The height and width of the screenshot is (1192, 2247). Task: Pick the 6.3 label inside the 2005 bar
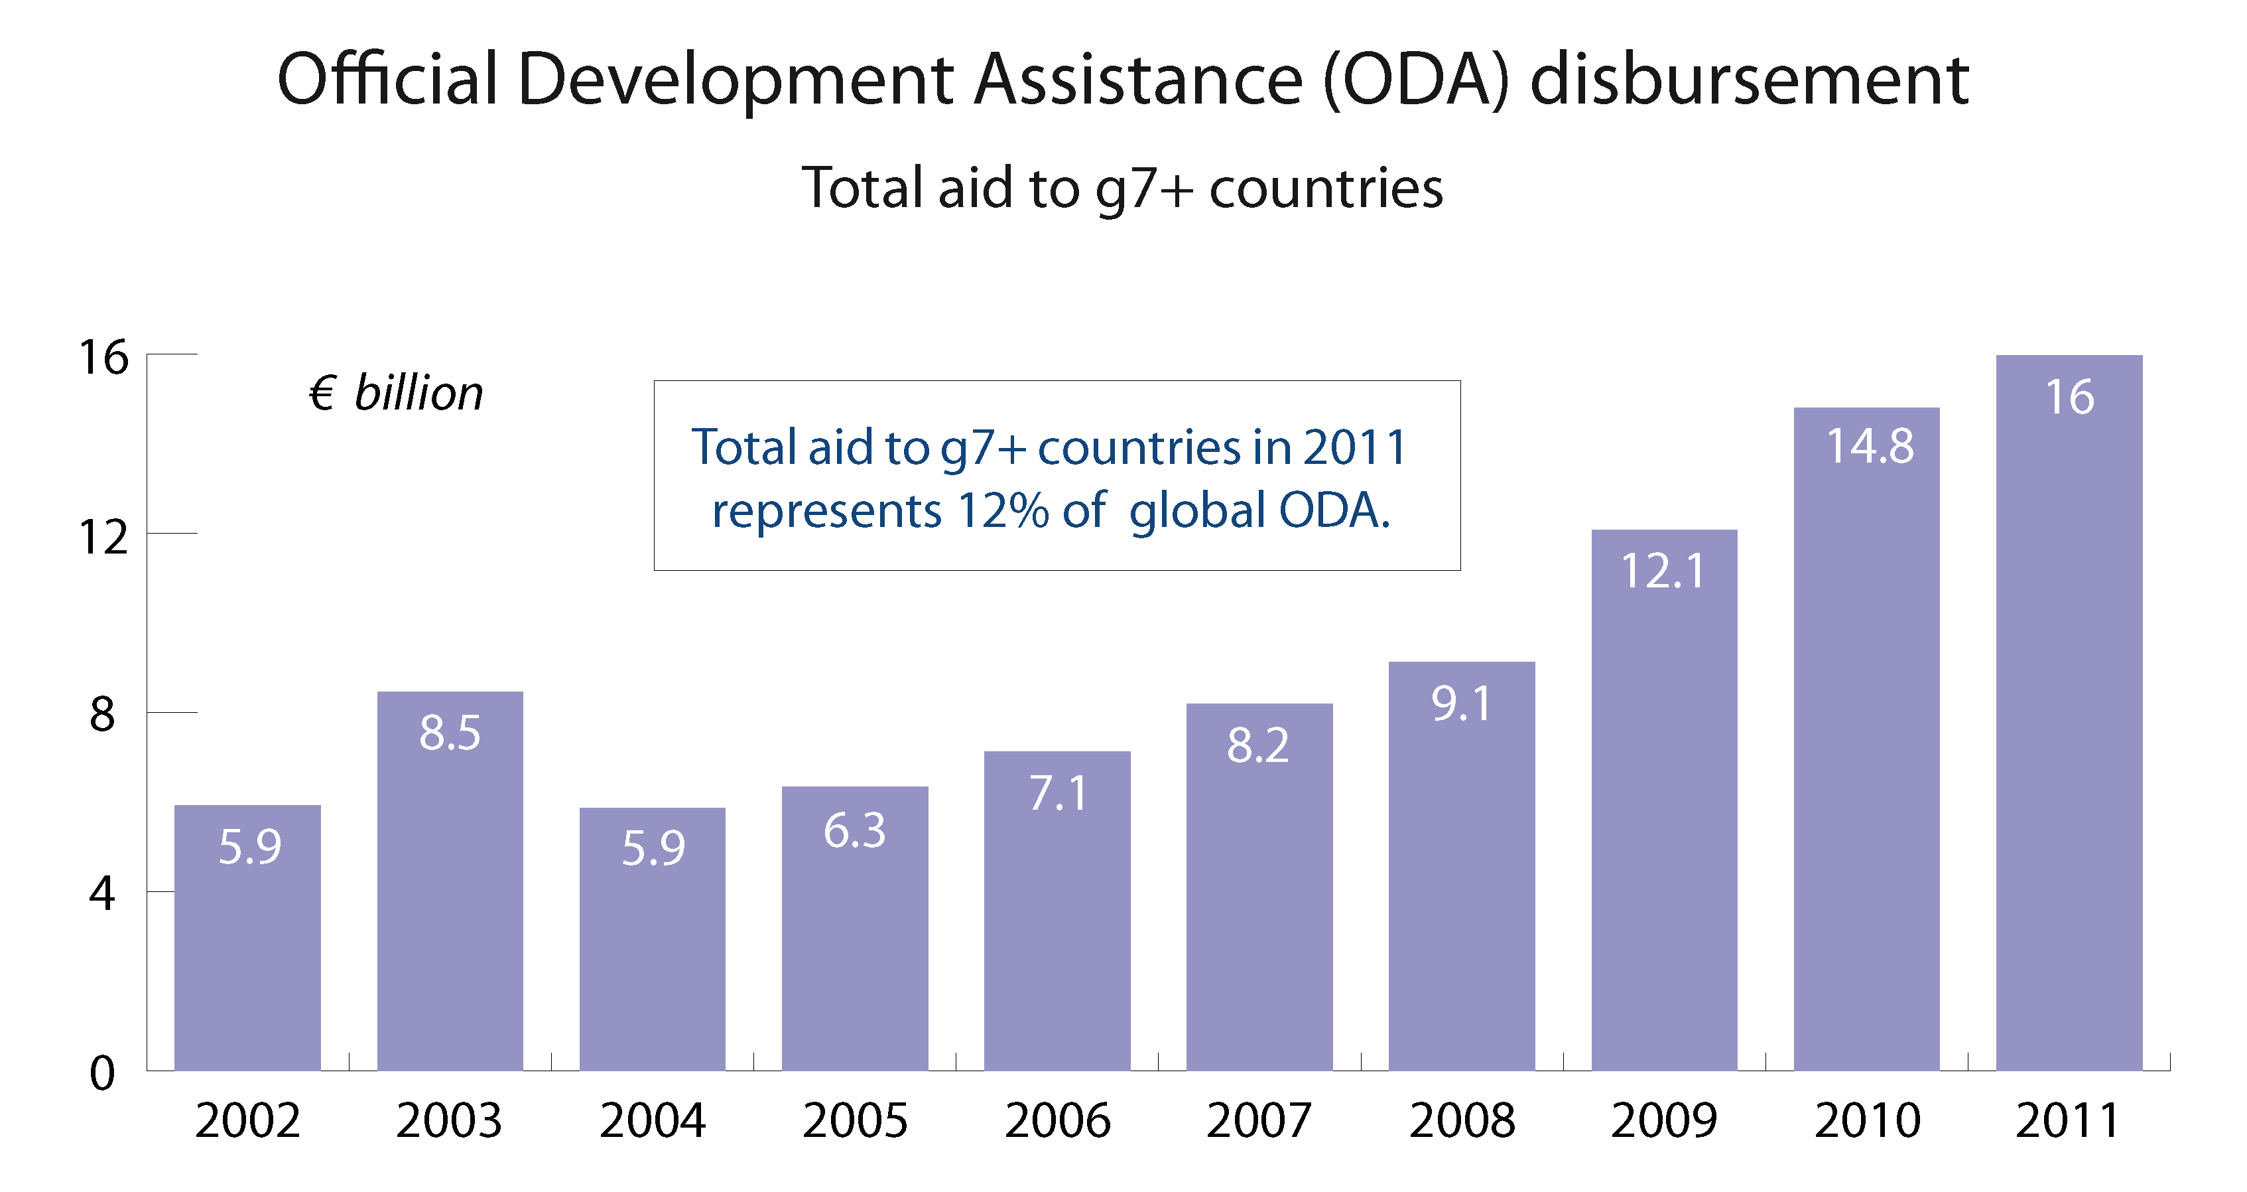(x=854, y=830)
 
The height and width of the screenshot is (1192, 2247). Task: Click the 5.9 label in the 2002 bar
(x=249, y=846)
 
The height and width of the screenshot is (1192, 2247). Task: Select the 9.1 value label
(x=1461, y=704)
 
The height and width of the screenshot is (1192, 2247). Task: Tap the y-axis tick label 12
(x=103, y=538)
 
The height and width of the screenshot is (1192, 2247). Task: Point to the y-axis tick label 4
(x=102, y=893)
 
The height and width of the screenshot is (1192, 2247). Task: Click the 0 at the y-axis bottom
(x=102, y=1073)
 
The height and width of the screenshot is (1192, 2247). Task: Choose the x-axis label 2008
(x=1462, y=1120)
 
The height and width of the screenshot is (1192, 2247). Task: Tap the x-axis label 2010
(x=1867, y=1120)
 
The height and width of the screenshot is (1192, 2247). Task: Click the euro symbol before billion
(x=322, y=394)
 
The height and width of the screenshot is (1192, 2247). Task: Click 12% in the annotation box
(x=1002, y=510)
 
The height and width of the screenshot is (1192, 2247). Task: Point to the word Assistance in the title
(x=1137, y=80)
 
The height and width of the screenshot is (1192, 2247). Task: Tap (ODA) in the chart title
(x=1415, y=80)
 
